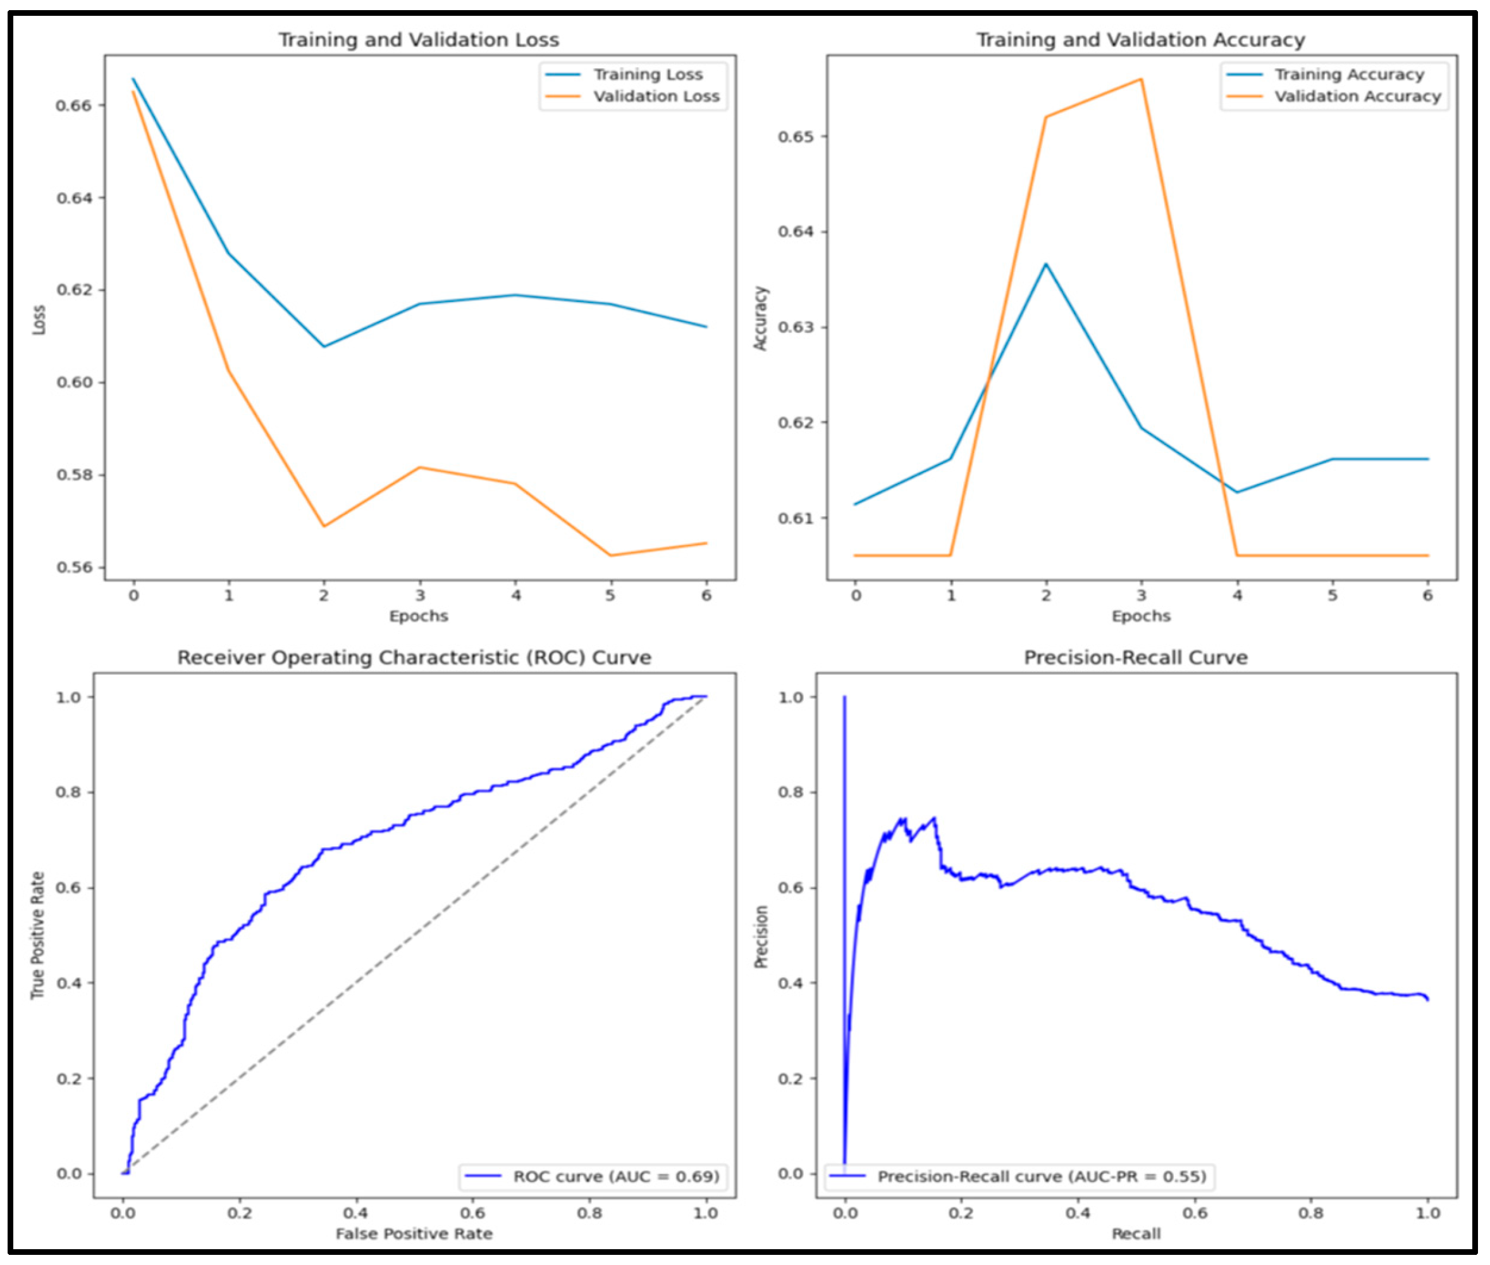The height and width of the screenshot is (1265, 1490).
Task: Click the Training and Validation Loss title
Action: [x=419, y=39]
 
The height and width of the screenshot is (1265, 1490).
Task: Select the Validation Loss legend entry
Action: [x=656, y=97]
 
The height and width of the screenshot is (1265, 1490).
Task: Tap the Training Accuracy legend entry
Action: [x=1349, y=75]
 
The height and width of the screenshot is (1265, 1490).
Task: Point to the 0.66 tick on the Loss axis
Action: [x=74, y=106]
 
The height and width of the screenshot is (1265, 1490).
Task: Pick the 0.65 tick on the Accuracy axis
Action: [x=796, y=136]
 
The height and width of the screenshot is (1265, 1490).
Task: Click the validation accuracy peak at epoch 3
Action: [x=1141, y=79]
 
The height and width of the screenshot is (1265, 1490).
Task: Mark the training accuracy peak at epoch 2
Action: [x=1045, y=264]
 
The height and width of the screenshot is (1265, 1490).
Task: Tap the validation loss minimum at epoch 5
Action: [x=611, y=556]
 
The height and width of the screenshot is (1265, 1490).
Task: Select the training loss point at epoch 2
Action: [x=324, y=346]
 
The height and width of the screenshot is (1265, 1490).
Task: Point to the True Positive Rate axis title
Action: [x=37, y=935]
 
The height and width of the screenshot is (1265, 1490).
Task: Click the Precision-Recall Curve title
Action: [x=1135, y=657]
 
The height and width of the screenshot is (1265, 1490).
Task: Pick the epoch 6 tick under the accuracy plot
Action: [x=1427, y=596]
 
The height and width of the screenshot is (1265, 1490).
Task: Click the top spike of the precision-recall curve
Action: [x=844, y=697]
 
